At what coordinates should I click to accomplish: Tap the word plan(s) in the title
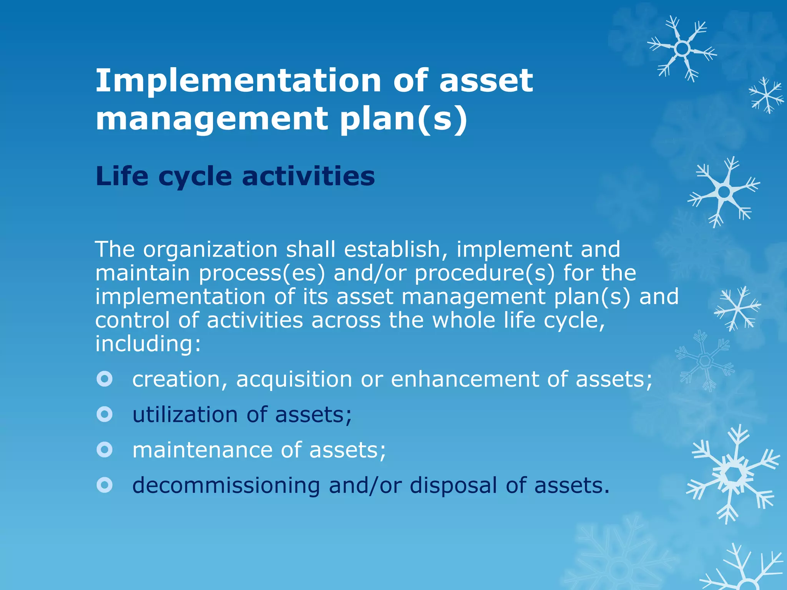[403, 119]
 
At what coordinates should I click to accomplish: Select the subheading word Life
[122, 176]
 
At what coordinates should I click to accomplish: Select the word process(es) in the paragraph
[262, 273]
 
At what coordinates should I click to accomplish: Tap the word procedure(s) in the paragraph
[485, 273]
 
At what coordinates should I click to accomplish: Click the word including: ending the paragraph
[148, 344]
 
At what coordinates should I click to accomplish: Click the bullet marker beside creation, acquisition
[105, 379]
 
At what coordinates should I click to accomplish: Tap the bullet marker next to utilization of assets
[105, 414]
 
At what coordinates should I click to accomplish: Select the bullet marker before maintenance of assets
[105, 450]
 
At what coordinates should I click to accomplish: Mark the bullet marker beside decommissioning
[105, 485]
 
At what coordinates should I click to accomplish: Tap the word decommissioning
[226, 486]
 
